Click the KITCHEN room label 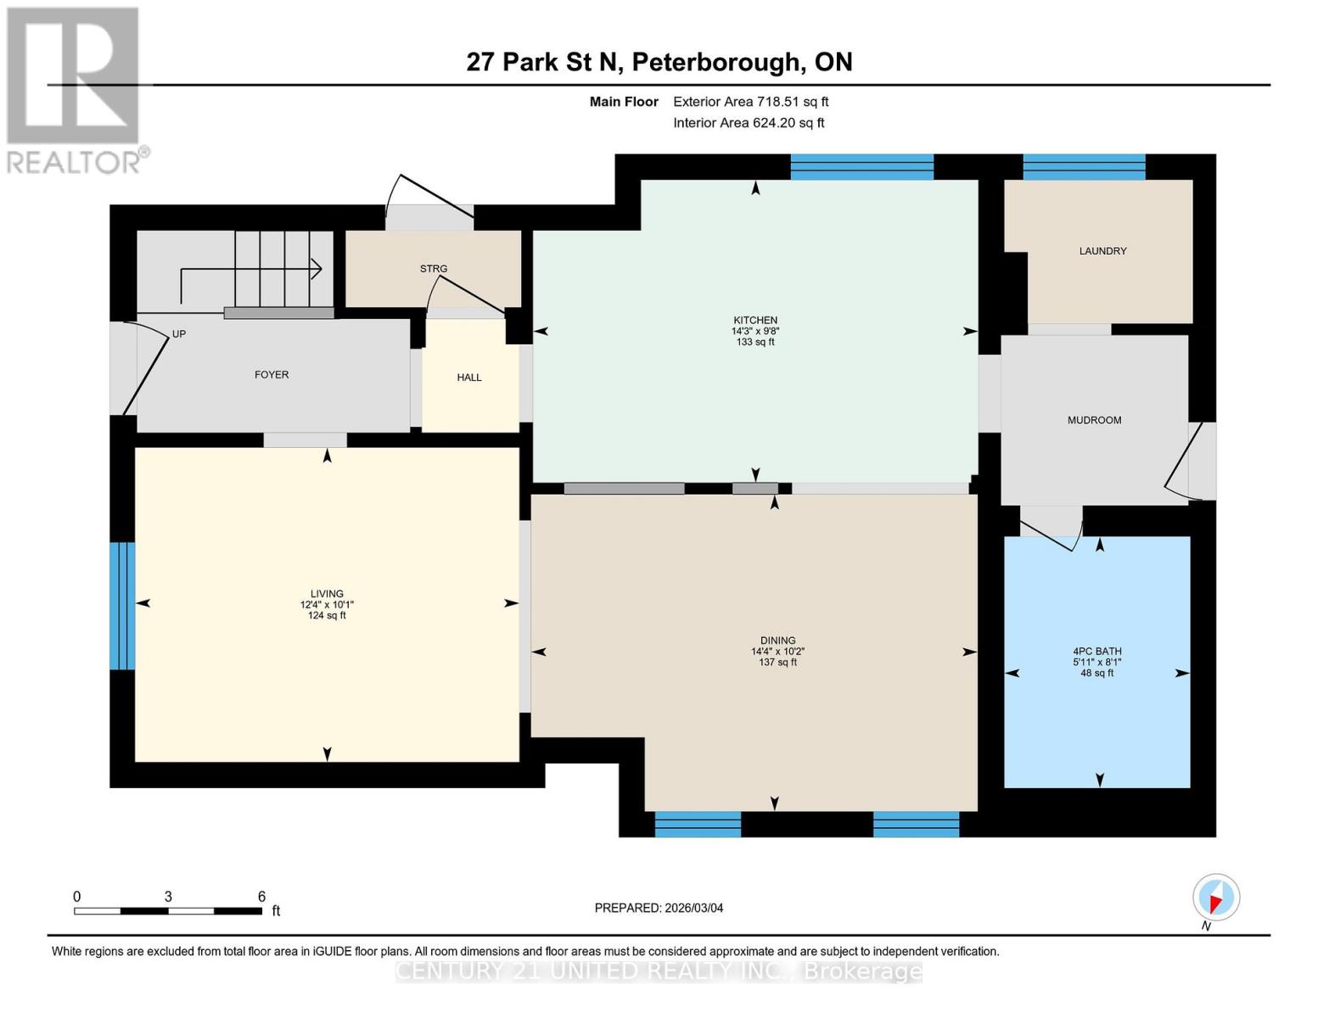point(755,321)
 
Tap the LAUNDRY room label point(1102,251)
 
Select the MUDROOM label point(1094,420)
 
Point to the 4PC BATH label point(1096,652)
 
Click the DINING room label point(777,640)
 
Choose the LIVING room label point(327,594)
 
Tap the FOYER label point(272,374)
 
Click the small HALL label point(469,378)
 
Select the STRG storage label point(433,269)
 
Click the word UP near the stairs point(179,334)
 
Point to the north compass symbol point(1216,898)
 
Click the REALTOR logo point(75,89)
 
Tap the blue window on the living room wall point(122,606)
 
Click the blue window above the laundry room point(1084,167)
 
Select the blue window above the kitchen point(861,167)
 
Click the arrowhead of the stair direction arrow point(317,269)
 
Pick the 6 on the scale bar point(261,897)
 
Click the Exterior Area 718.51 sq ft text point(750,102)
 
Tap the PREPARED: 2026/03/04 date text point(659,908)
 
